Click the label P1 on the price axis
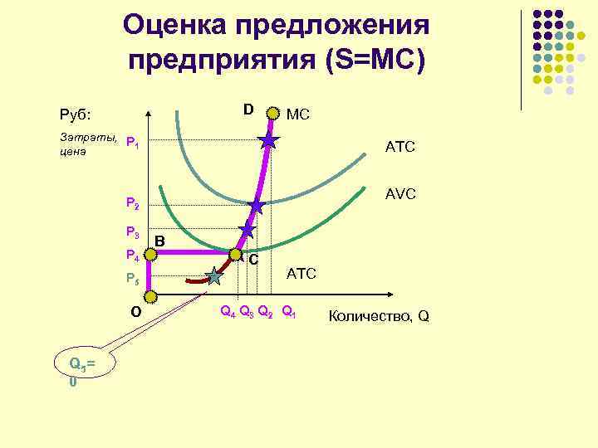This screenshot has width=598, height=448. [x=131, y=144]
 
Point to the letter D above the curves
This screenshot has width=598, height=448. [x=248, y=110]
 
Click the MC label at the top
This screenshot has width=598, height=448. [x=297, y=114]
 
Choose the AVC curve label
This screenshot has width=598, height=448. [x=399, y=193]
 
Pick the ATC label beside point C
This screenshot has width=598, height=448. [x=301, y=274]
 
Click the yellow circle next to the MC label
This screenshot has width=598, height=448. [x=274, y=112]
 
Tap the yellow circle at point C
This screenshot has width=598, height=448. [x=236, y=255]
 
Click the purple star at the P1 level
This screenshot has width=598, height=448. [x=268, y=142]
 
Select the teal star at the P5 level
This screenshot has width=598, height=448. [x=215, y=275]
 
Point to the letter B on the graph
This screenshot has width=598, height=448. [x=160, y=241]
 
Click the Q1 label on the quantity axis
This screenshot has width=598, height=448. [x=288, y=314]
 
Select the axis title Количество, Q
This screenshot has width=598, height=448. [x=379, y=316]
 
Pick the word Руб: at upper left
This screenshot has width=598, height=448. [x=76, y=114]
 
